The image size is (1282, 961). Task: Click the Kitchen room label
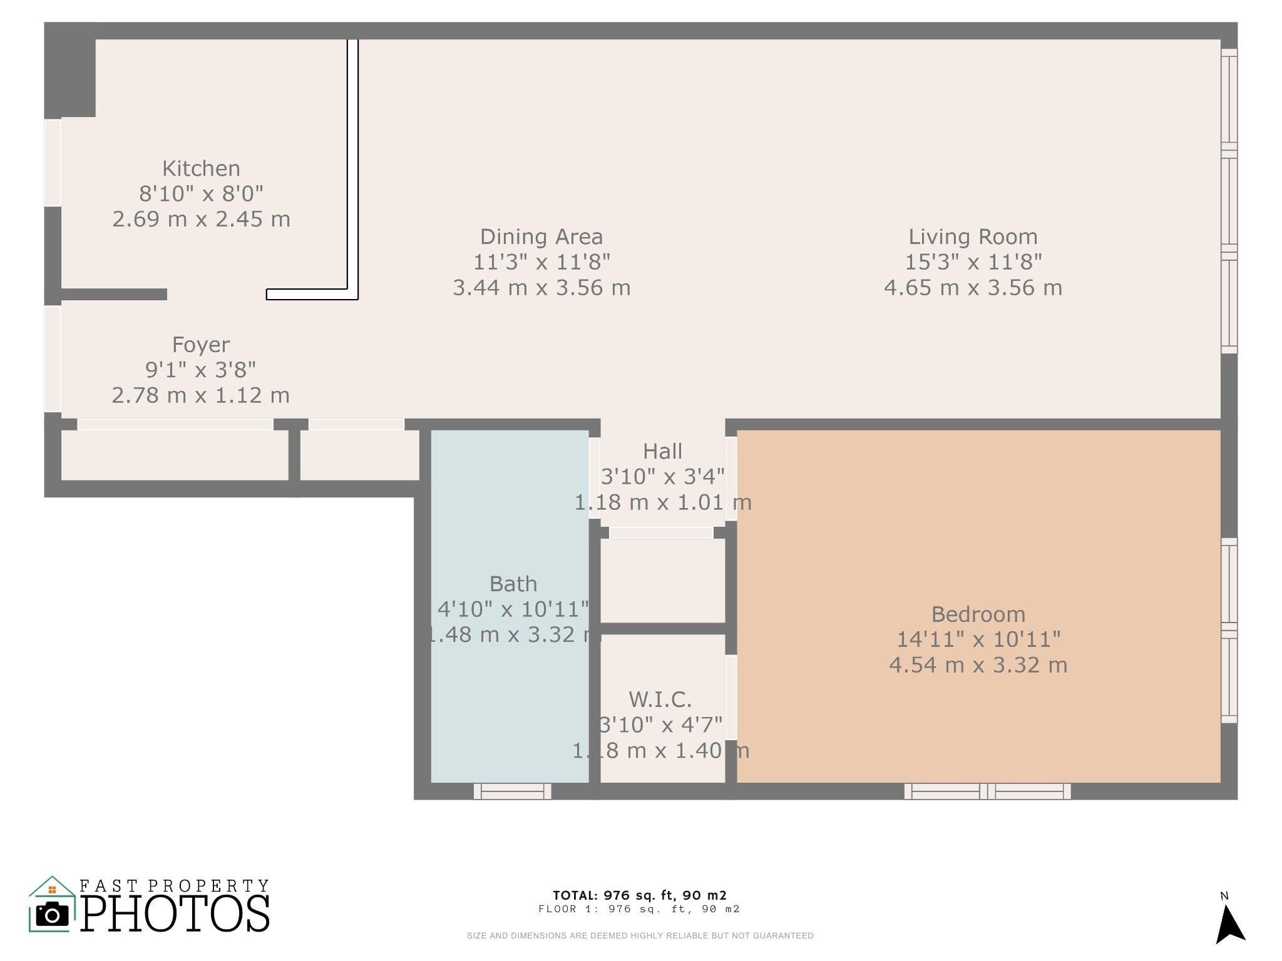pyautogui.click(x=201, y=168)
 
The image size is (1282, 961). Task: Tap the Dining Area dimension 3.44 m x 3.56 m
pyautogui.click(x=541, y=288)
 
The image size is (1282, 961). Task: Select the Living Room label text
pyautogui.click(x=973, y=236)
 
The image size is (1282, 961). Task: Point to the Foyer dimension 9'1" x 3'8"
pyautogui.click(x=201, y=370)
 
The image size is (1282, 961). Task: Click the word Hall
pyautogui.click(x=662, y=451)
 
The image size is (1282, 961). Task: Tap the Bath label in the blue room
pyautogui.click(x=513, y=584)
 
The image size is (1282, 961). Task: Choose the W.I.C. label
pyautogui.click(x=660, y=699)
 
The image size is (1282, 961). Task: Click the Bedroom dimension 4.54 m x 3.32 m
pyautogui.click(x=978, y=665)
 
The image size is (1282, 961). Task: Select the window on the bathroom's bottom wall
pyautogui.click(x=512, y=791)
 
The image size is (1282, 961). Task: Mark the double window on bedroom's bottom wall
pyautogui.click(x=987, y=791)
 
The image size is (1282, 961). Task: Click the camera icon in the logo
pyautogui.click(x=52, y=915)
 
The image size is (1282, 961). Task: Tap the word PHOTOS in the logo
pyautogui.click(x=175, y=915)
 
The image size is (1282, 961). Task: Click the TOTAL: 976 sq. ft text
pyautogui.click(x=639, y=895)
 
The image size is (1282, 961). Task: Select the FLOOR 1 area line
pyautogui.click(x=639, y=909)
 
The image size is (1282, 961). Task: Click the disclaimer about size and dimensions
pyautogui.click(x=640, y=936)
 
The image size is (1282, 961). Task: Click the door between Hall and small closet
pyautogui.click(x=661, y=532)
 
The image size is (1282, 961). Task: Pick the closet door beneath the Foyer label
pyautogui.click(x=175, y=424)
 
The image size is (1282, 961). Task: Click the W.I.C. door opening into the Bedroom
pyautogui.click(x=731, y=697)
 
